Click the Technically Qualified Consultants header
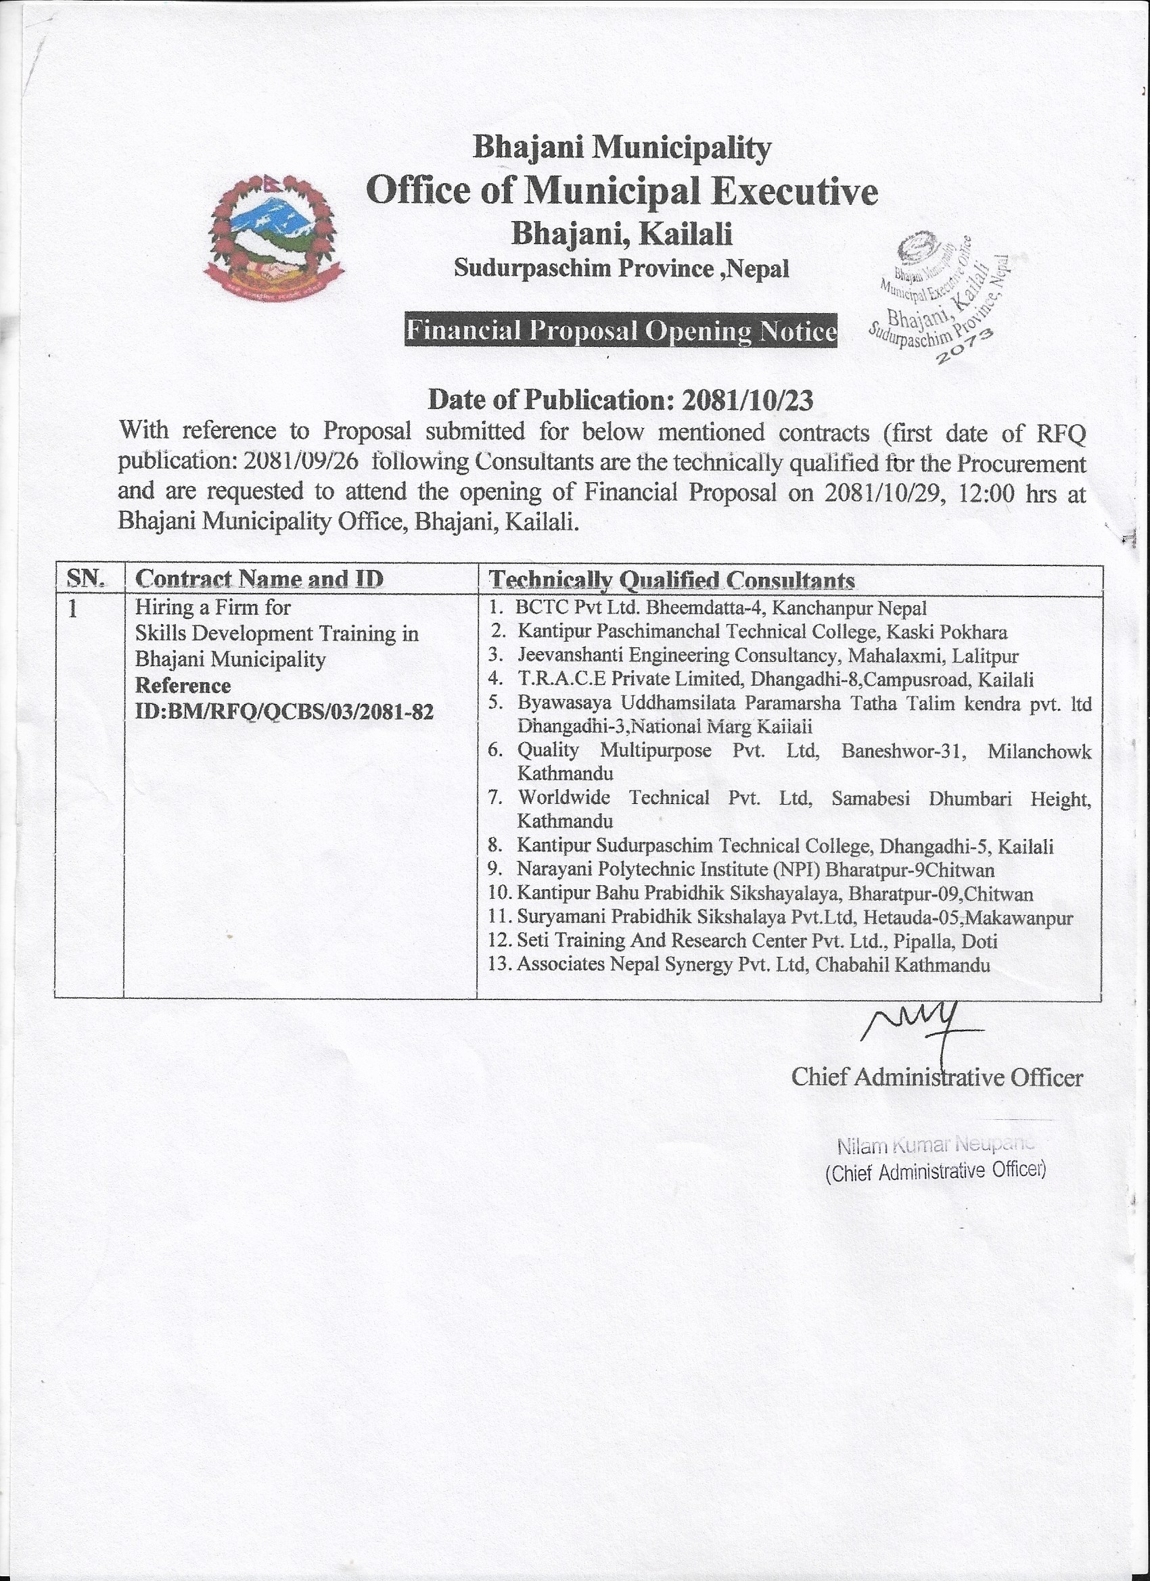click(672, 580)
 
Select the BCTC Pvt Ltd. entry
click(721, 608)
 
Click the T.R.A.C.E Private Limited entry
click(775, 679)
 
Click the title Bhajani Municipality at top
click(622, 147)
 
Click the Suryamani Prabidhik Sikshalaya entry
click(793, 918)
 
